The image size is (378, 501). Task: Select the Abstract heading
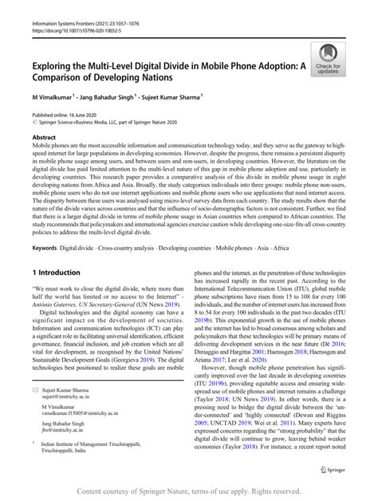[x=45, y=137]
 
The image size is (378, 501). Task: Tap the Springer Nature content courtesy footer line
[x=188, y=491]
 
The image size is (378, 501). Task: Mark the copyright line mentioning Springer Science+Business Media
[x=116, y=122]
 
